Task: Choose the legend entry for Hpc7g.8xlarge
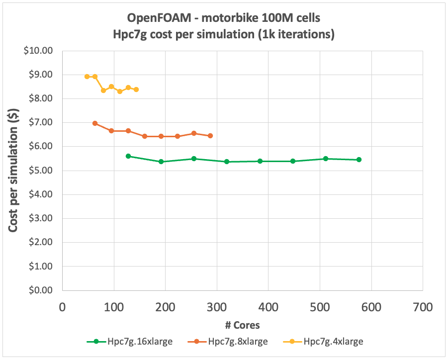pyautogui.click(x=229, y=342)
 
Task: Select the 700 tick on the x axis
pyautogui.click(x=423, y=307)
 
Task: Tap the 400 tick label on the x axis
pyautogui.click(x=268, y=307)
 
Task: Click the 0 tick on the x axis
pyautogui.click(x=62, y=307)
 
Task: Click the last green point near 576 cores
pyautogui.click(x=358, y=160)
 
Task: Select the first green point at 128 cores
pyautogui.click(x=128, y=156)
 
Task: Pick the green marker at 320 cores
pyautogui.click(x=227, y=162)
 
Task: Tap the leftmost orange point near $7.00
pyautogui.click(x=95, y=123)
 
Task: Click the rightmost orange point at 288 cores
pyautogui.click(x=210, y=136)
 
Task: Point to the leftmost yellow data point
pyautogui.click(x=87, y=77)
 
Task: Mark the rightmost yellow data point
pyautogui.click(x=136, y=90)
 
